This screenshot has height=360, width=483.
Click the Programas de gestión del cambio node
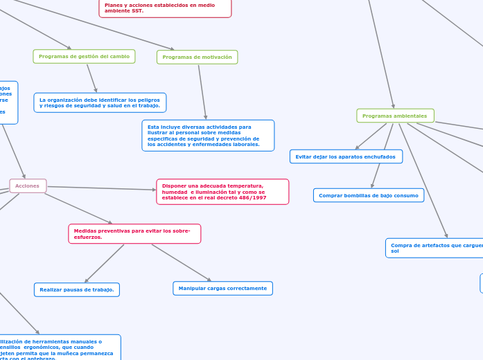point(84,56)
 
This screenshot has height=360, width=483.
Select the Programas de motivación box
point(197,57)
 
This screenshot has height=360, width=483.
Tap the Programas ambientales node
point(395,116)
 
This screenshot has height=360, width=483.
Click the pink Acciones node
point(28,186)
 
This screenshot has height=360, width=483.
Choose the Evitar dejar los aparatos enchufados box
point(345,156)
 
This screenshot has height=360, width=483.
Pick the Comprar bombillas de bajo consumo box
point(368,195)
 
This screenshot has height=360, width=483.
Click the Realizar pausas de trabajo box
point(76,289)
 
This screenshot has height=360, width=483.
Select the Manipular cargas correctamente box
point(222,288)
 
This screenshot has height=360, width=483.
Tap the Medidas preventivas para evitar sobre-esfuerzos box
point(134,234)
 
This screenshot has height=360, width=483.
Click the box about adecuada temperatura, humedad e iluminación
point(222,192)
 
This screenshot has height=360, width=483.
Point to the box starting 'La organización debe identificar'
point(100,102)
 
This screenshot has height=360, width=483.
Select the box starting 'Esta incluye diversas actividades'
point(208,136)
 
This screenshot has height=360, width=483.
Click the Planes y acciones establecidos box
point(165,8)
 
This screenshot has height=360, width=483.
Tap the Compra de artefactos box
point(434,248)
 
